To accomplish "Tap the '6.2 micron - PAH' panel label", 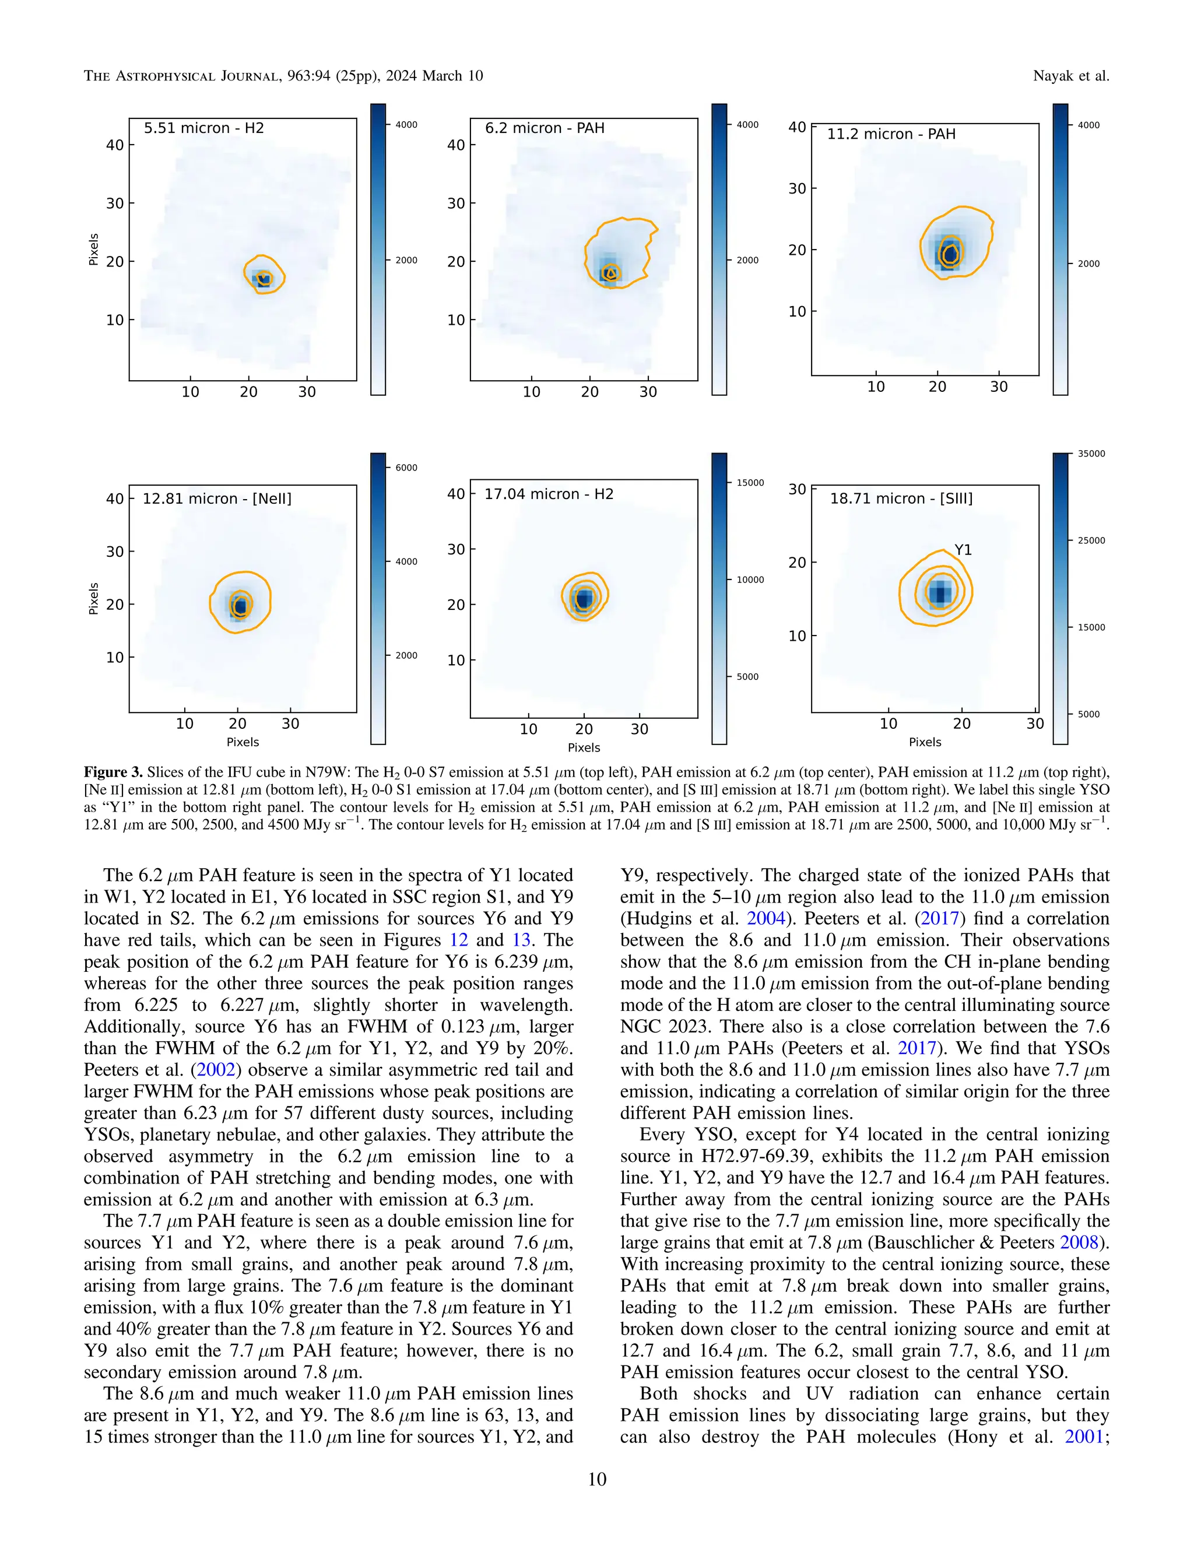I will click(544, 128).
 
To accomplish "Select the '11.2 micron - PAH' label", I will click(891, 134).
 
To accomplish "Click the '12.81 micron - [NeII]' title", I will click(216, 498).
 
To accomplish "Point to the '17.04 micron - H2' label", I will click(548, 494).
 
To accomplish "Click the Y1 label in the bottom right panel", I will click(963, 550).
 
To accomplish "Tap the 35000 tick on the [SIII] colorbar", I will click(1091, 454).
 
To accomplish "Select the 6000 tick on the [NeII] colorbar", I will click(406, 468).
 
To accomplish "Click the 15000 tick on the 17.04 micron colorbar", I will click(750, 483).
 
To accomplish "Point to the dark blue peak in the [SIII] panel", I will click(940, 593).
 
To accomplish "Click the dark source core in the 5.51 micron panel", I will click(262, 279).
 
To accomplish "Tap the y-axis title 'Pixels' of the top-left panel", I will click(93, 249).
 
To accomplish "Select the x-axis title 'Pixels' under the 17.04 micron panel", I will click(584, 748).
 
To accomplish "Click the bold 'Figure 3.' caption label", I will click(113, 772).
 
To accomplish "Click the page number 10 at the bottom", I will click(597, 1479).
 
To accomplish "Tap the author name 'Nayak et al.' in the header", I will click(1070, 76).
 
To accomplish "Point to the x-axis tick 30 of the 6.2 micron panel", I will click(648, 392).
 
